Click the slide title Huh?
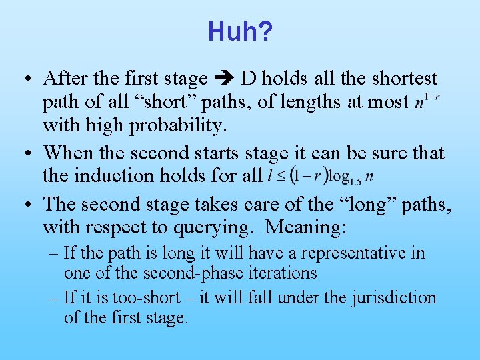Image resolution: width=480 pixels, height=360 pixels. tap(239, 31)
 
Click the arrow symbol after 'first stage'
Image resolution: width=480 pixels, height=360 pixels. tap(224, 79)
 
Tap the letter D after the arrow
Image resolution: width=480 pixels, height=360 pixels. tap(249, 79)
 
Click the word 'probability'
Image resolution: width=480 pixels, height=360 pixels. tap(183, 125)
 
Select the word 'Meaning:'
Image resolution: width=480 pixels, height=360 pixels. tap(306, 228)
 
